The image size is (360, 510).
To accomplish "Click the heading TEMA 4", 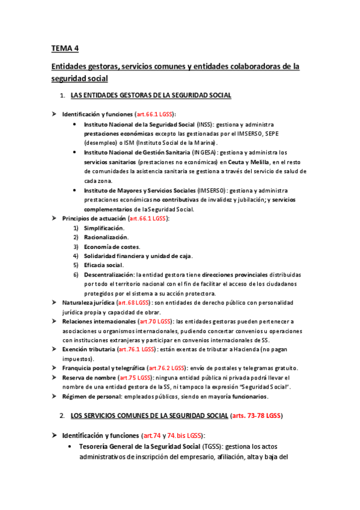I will [65, 48].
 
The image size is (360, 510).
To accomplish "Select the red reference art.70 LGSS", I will [155, 322].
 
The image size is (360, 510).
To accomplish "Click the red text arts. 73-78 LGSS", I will [255, 416].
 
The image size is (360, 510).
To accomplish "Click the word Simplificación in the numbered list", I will [105, 228].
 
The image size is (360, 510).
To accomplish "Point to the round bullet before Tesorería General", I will [72, 446].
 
